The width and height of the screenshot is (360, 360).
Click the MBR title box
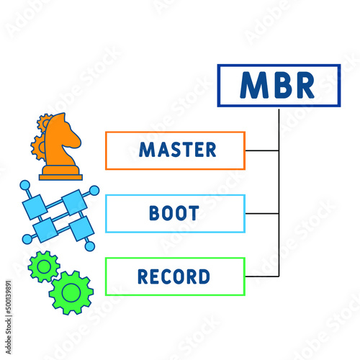click(278, 86)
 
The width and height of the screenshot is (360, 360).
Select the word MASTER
click(177, 150)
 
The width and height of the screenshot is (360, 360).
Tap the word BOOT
click(175, 214)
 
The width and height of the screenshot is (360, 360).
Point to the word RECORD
click(175, 276)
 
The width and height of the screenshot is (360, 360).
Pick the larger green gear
click(71, 292)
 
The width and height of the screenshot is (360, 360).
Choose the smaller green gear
click(43, 267)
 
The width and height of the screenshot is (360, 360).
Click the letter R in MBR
click(304, 86)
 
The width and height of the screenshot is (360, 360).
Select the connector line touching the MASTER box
click(261, 150)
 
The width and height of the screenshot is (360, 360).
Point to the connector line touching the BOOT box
click(261, 214)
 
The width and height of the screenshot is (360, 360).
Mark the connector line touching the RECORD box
click(261, 276)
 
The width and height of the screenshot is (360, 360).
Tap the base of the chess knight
click(60, 174)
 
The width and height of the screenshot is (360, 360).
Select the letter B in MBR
click(279, 86)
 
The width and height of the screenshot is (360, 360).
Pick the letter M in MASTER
click(146, 150)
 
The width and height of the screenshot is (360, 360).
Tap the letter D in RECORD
click(204, 276)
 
